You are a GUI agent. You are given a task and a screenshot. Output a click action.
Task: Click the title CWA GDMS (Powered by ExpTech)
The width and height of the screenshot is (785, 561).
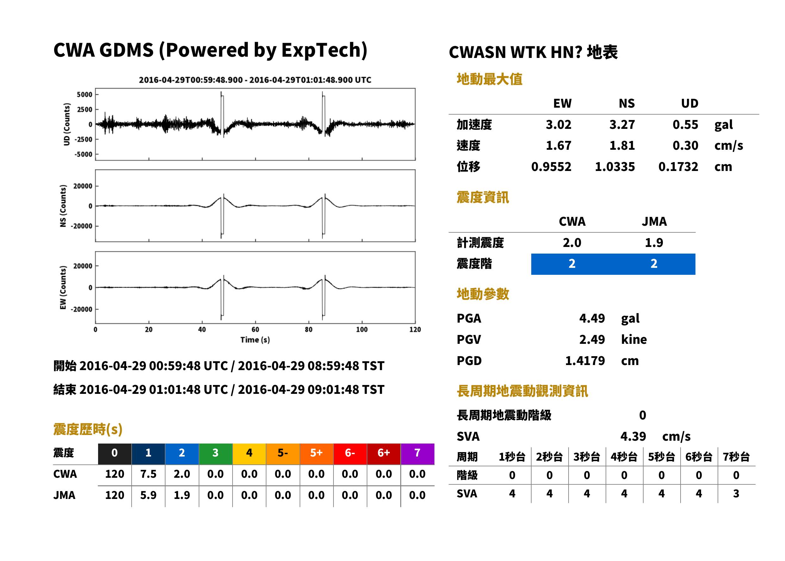pyautogui.click(x=210, y=50)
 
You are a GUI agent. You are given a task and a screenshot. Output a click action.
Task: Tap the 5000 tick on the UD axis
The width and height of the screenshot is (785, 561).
pyautogui.click(x=84, y=94)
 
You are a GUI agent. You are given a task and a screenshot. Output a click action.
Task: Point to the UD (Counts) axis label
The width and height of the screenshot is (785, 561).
pyautogui.click(x=67, y=124)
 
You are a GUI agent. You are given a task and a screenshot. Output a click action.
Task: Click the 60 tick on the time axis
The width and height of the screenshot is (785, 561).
pyautogui.click(x=255, y=330)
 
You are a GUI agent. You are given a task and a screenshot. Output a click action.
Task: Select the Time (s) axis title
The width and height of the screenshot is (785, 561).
pyautogui.click(x=255, y=340)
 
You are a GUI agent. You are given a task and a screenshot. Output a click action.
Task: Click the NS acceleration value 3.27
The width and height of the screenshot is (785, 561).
pyautogui.click(x=622, y=125)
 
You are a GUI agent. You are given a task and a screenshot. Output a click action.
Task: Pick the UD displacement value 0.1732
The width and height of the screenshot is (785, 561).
pyautogui.click(x=678, y=167)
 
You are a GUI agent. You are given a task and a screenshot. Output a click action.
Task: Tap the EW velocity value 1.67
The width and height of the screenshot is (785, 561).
pyautogui.click(x=558, y=146)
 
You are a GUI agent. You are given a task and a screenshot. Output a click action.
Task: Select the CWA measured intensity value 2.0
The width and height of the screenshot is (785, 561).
pyautogui.click(x=572, y=243)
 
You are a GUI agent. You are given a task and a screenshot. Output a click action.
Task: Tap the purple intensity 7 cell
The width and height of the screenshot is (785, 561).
pyautogui.click(x=417, y=453)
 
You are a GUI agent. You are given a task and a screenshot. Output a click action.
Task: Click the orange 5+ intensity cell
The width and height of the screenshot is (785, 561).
pyautogui.click(x=316, y=453)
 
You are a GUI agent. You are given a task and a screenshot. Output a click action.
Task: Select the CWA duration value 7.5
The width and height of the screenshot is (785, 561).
pyautogui.click(x=148, y=474)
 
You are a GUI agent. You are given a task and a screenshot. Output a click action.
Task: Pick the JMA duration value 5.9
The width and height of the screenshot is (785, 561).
pyautogui.click(x=148, y=495)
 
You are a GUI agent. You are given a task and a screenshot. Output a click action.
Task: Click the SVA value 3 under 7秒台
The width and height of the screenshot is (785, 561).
pyautogui.click(x=736, y=494)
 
